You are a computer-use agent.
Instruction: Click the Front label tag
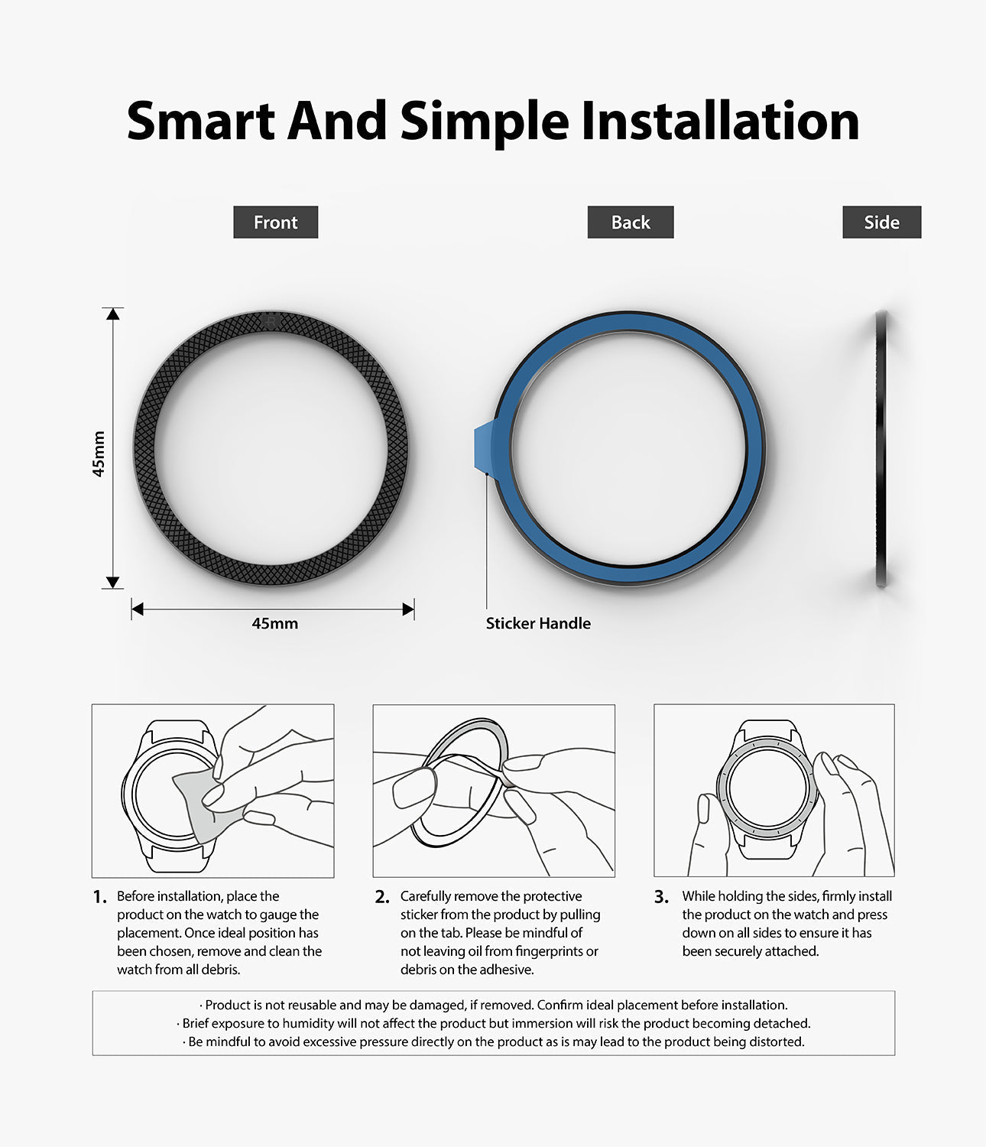pos(275,223)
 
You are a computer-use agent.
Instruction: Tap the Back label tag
pos(631,223)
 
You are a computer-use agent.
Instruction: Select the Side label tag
pos(881,223)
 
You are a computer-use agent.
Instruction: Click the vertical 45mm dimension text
pos(99,454)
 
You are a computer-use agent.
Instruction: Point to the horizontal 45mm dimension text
pos(274,624)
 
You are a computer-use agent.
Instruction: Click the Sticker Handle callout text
pos(538,624)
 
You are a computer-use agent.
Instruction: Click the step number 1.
pos(99,897)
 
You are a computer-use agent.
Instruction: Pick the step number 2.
pos(382,897)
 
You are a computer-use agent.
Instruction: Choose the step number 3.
pos(661,897)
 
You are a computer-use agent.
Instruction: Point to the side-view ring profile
pos(881,449)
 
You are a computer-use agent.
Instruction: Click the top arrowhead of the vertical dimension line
pos(113,314)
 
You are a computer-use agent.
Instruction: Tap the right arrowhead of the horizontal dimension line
pos(408,609)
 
